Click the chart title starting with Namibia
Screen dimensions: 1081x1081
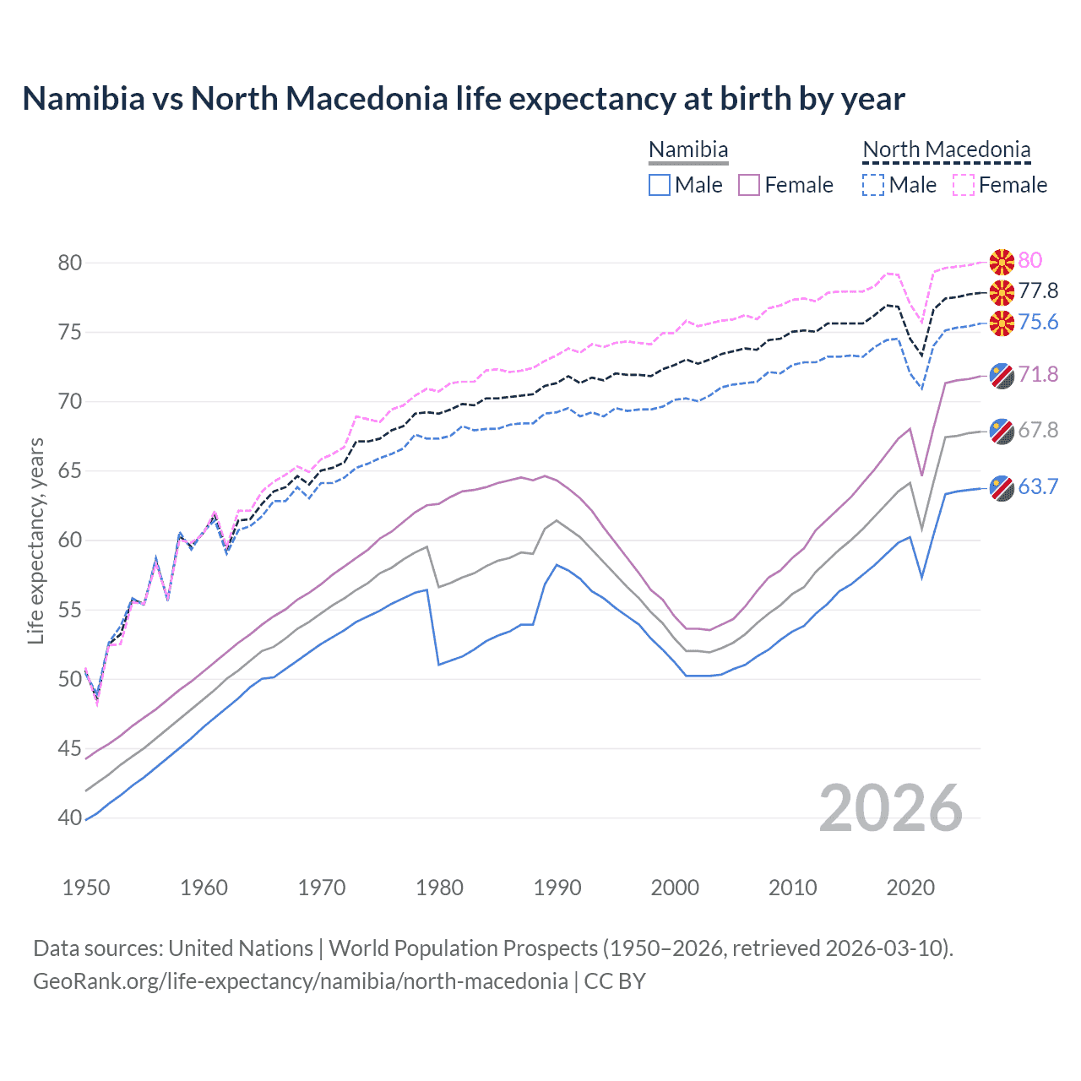pos(464,99)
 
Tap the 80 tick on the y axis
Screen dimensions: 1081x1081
pos(70,263)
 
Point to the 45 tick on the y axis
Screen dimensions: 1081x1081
pos(70,748)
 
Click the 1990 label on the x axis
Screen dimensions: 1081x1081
pos(557,888)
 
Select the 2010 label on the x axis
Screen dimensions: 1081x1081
pos(792,888)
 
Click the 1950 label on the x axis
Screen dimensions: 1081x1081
pos(86,888)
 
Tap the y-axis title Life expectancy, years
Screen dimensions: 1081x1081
pos(36,540)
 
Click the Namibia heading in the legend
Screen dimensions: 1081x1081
pos(688,150)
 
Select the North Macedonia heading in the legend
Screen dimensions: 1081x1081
pos(947,150)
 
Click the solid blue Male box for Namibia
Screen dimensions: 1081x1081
pos(660,185)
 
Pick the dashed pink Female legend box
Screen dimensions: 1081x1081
pos(964,185)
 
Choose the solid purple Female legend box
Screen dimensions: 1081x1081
pos(750,185)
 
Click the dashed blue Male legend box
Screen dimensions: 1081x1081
pos(873,185)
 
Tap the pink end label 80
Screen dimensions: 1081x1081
pos(1030,260)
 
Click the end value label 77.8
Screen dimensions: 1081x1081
pos(1038,291)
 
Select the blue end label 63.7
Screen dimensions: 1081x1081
pos(1038,487)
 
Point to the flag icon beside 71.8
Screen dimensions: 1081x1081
pos(1002,376)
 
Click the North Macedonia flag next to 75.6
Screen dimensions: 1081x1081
pos(1002,323)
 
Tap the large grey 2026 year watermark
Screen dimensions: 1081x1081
pos(891,808)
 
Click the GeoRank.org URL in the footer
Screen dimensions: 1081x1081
pos(300,981)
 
